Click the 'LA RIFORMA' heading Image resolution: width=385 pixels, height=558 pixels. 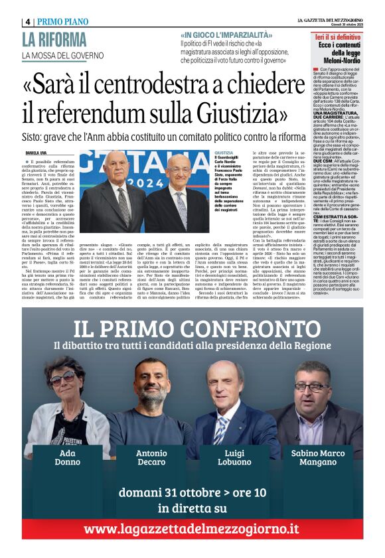tap(54, 40)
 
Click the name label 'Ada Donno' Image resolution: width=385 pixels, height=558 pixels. tap(68, 457)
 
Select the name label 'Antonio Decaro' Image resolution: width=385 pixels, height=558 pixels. tap(152, 457)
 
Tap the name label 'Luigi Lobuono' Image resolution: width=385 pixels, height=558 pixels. tap(235, 457)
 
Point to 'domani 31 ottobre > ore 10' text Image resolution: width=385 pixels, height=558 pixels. tap(193, 492)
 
